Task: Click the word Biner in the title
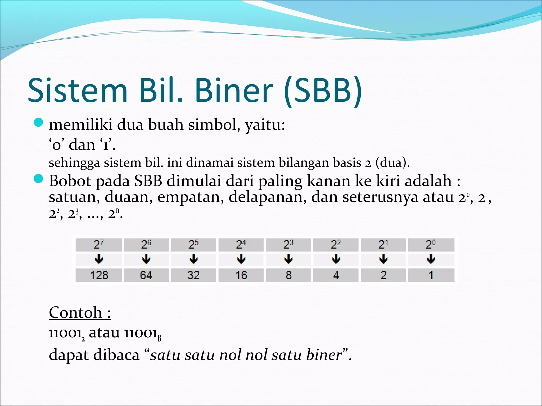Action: tap(234, 90)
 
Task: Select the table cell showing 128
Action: tap(99, 275)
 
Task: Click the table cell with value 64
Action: tap(146, 275)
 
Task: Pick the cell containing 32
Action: tap(193, 275)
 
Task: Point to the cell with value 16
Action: tap(241, 275)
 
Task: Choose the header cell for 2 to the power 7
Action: tap(99, 244)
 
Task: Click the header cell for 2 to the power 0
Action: tap(431, 244)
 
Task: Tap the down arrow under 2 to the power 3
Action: tap(288, 259)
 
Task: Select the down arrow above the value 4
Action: tap(336, 259)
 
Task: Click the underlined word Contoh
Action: tap(76, 312)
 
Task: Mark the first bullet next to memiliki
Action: tap(39, 122)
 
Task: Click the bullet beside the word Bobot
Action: tap(39, 179)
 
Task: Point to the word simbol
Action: tap(214, 124)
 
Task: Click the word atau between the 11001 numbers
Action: tap(104, 333)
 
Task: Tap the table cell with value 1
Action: tap(431, 275)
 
